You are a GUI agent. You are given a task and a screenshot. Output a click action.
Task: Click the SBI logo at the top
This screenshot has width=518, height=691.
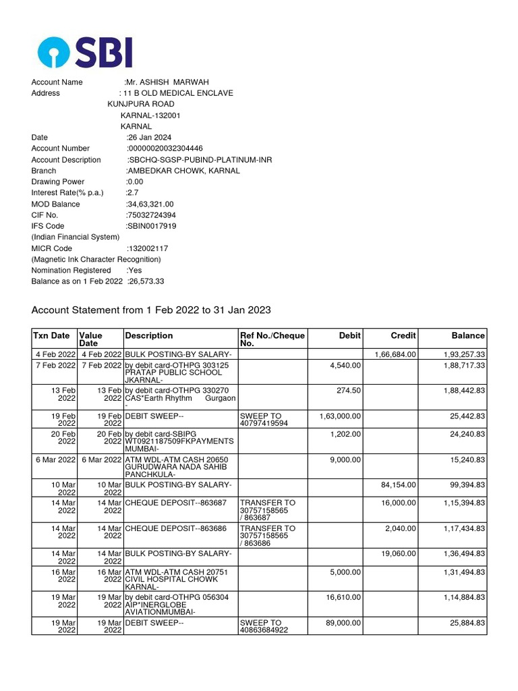click(85, 52)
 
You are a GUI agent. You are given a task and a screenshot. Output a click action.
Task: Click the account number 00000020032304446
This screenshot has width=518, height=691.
click(165, 148)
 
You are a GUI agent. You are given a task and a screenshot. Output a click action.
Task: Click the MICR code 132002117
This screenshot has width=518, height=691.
click(148, 248)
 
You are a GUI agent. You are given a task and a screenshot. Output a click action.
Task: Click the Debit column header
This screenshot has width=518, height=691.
click(350, 335)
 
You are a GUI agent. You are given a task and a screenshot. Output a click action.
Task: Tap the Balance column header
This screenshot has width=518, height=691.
click(468, 335)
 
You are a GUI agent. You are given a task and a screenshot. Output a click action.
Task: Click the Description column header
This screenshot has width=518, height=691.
click(149, 335)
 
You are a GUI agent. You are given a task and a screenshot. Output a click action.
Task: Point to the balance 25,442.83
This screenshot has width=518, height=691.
click(464, 416)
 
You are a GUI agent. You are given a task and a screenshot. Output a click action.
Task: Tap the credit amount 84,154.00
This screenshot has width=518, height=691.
click(398, 485)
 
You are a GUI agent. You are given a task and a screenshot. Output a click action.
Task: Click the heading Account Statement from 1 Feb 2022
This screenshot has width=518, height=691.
click(151, 310)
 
